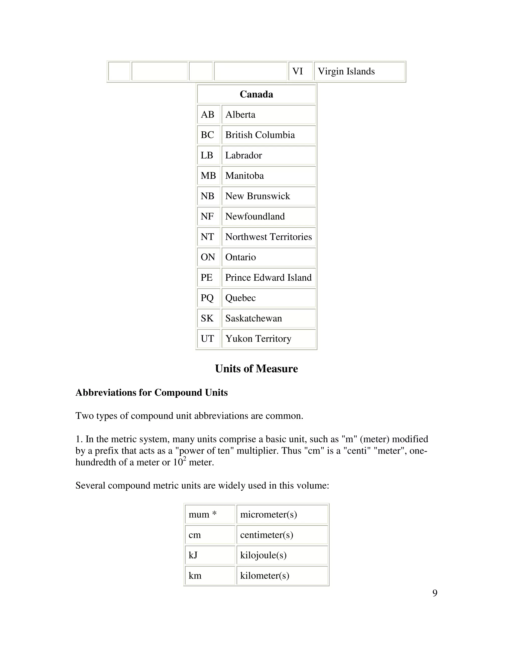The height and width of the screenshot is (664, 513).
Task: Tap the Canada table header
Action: tap(256, 94)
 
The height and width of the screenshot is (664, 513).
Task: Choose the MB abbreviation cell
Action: tap(208, 176)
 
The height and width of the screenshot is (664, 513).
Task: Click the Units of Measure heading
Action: tap(256, 369)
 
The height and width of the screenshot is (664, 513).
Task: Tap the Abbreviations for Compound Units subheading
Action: tap(151, 392)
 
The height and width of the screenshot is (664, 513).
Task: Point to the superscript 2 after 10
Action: tap(184, 459)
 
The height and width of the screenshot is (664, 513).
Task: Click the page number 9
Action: tap(435, 593)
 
